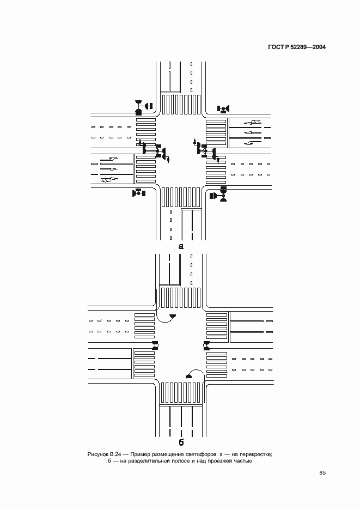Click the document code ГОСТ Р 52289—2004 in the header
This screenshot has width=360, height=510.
296,47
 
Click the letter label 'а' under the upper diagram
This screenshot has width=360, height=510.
181,246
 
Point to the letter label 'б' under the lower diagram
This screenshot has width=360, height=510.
181,441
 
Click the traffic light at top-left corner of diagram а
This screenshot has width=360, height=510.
143,107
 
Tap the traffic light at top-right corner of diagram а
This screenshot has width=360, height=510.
223,108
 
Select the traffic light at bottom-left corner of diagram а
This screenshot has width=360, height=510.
138,192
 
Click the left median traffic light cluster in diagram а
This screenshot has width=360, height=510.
155,151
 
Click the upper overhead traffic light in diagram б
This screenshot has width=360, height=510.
173,316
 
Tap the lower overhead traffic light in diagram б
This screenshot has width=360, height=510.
190,375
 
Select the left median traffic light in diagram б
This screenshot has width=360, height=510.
156,345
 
